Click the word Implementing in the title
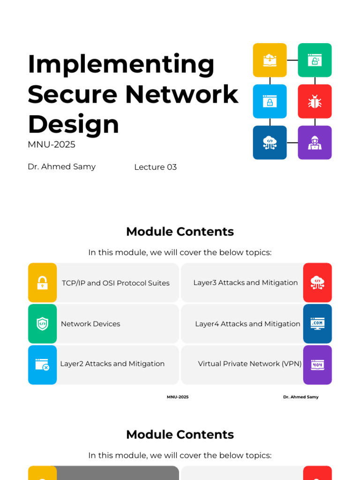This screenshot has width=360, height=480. click(x=121, y=65)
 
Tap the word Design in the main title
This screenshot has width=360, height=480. click(x=74, y=125)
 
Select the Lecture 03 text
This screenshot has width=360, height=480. click(x=155, y=167)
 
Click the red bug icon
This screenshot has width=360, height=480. click(x=315, y=101)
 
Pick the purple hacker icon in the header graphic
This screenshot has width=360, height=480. click(x=315, y=142)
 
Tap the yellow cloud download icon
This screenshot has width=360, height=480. click(x=270, y=60)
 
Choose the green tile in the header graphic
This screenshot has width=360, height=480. click(x=315, y=60)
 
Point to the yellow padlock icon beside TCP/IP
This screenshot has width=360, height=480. click(x=42, y=283)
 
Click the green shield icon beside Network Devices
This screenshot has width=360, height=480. click(x=42, y=324)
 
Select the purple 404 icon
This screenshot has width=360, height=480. click(x=317, y=365)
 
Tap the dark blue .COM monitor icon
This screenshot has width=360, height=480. click(x=317, y=323)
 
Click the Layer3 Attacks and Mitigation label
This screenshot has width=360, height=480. click(x=246, y=283)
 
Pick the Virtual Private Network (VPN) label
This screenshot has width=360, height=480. click(x=250, y=364)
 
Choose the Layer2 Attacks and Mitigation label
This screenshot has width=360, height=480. click(x=112, y=364)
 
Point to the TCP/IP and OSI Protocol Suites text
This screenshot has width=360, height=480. click(x=116, y=283)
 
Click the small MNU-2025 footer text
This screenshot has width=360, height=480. click(x=178, y=397)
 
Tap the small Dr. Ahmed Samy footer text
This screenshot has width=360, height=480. click(x=300, y=397)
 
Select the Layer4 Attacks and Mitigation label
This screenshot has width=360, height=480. click(x=247, y=324)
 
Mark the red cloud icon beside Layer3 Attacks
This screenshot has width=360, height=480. click(x=317, y=282)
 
